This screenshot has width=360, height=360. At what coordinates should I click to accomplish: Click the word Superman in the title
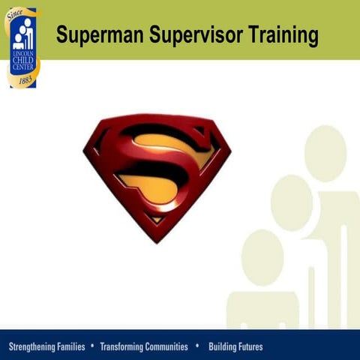pos(94,34)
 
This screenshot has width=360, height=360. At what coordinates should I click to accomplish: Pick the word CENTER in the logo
pos(23,67)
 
